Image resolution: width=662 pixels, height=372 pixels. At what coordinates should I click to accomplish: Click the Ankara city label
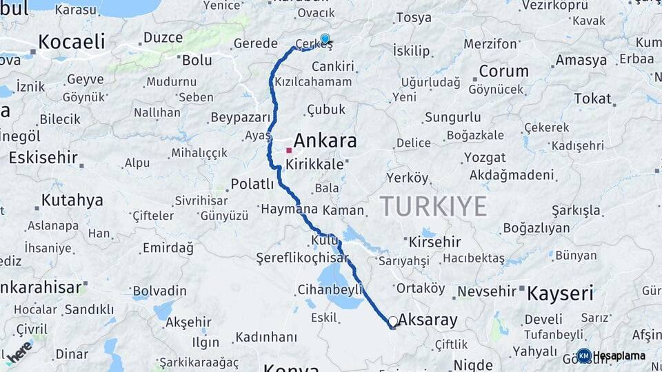(325, 141)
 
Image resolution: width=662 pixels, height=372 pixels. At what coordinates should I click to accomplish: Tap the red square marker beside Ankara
(289, 149)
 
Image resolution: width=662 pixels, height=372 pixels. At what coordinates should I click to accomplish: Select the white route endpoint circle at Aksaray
(392, 321)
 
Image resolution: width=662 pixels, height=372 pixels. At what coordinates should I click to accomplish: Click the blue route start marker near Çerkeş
(325, 39)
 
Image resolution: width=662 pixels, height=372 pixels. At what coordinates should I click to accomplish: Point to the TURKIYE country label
(433, 206)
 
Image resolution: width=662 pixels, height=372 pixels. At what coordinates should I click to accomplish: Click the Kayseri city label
(560, 293)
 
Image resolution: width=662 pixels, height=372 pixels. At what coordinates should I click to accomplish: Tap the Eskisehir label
(43, 158)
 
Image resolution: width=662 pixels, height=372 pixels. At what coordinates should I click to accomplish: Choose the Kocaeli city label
(72, 41)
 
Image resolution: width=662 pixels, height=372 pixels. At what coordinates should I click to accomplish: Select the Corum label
(503, 71)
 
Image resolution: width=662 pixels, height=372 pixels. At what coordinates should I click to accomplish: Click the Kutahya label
(72, 200)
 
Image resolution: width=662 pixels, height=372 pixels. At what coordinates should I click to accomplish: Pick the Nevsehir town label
(487, 291)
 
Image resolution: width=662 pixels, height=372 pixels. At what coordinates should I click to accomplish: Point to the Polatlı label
(252, 184)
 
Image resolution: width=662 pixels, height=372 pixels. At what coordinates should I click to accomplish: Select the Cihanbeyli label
(330, 289)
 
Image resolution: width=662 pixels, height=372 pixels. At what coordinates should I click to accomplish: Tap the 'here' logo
(19, 351)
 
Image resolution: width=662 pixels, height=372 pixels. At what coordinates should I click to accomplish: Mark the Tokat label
(592, 99)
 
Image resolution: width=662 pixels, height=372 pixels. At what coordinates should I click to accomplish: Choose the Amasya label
(581, 60)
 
